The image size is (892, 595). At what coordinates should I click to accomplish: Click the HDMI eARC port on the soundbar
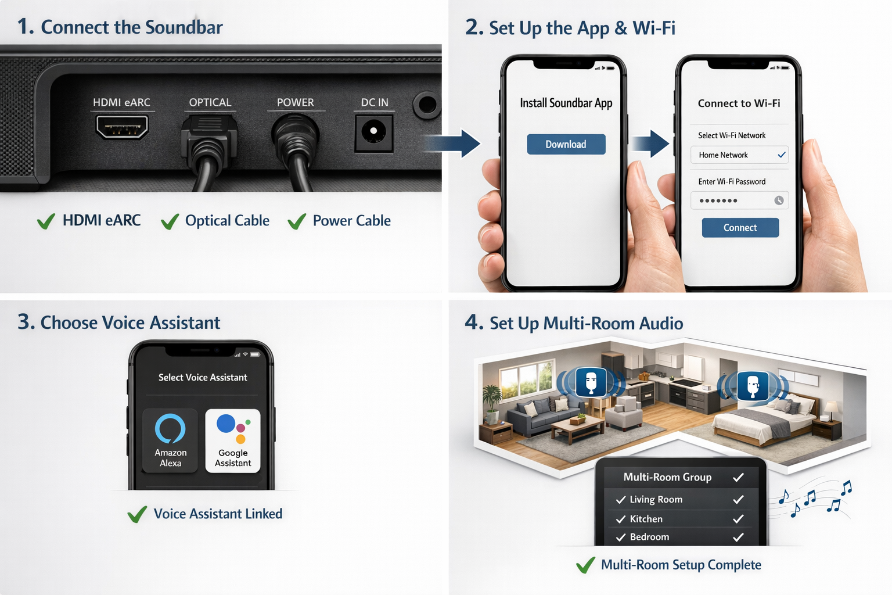point(122,127)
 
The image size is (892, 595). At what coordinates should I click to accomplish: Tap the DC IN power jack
point(373,131)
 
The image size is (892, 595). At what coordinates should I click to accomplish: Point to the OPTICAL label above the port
point(210,102)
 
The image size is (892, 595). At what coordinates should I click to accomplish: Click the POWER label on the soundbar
point(295,102)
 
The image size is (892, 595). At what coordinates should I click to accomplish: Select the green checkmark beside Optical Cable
point(170,221)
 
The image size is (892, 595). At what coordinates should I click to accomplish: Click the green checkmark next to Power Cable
point(297,221)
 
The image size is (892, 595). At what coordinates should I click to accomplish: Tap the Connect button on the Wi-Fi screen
point(740,228)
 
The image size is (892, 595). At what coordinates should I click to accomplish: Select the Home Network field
point(739,155)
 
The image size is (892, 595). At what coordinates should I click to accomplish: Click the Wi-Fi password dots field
point(739,200)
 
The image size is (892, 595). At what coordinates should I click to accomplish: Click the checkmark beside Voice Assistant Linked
point(137,514)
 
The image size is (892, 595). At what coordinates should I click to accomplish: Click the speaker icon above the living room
point(591,382)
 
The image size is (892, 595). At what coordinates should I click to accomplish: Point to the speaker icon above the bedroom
point(753,385)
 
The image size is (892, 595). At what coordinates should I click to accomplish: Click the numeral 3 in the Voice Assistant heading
point(24,322)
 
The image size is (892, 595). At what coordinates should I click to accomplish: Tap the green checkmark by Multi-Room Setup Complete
point(585,565)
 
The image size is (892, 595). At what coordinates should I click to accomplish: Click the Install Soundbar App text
point(566,103)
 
